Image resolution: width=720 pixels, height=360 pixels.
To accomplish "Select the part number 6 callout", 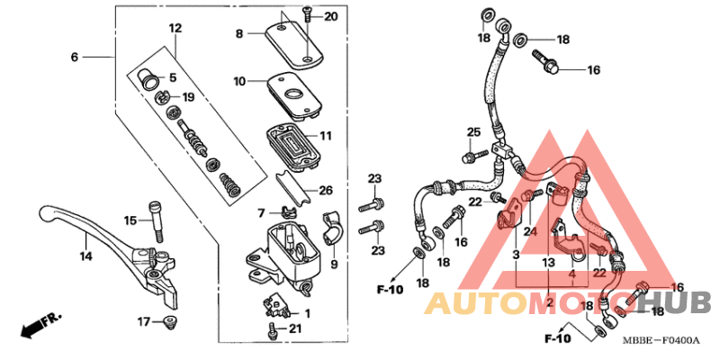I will point(76,57).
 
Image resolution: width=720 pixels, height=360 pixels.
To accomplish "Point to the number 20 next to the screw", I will point(330,17).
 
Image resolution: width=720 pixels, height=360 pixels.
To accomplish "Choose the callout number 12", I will point(175,29).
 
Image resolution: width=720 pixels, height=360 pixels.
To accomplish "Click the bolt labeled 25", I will point(468,158).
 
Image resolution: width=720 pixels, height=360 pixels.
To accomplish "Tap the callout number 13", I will point(549,261).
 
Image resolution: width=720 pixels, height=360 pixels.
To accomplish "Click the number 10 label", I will point(239,82).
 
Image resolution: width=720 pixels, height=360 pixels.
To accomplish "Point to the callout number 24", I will point(531,231).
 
